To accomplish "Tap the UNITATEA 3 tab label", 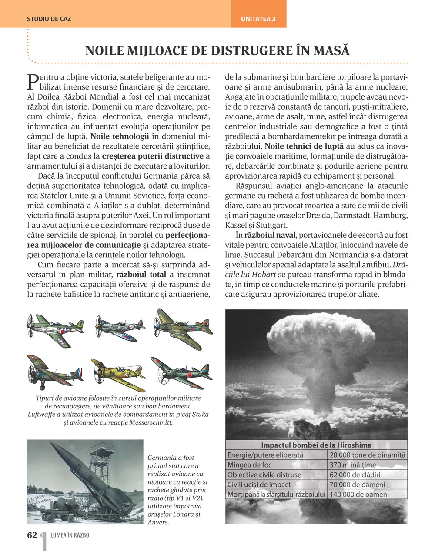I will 258,19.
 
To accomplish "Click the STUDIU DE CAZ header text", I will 49,19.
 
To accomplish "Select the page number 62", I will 32,535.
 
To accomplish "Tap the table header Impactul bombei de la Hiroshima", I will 316,445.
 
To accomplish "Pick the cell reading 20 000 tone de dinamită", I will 367,455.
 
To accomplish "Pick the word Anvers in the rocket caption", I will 159,522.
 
